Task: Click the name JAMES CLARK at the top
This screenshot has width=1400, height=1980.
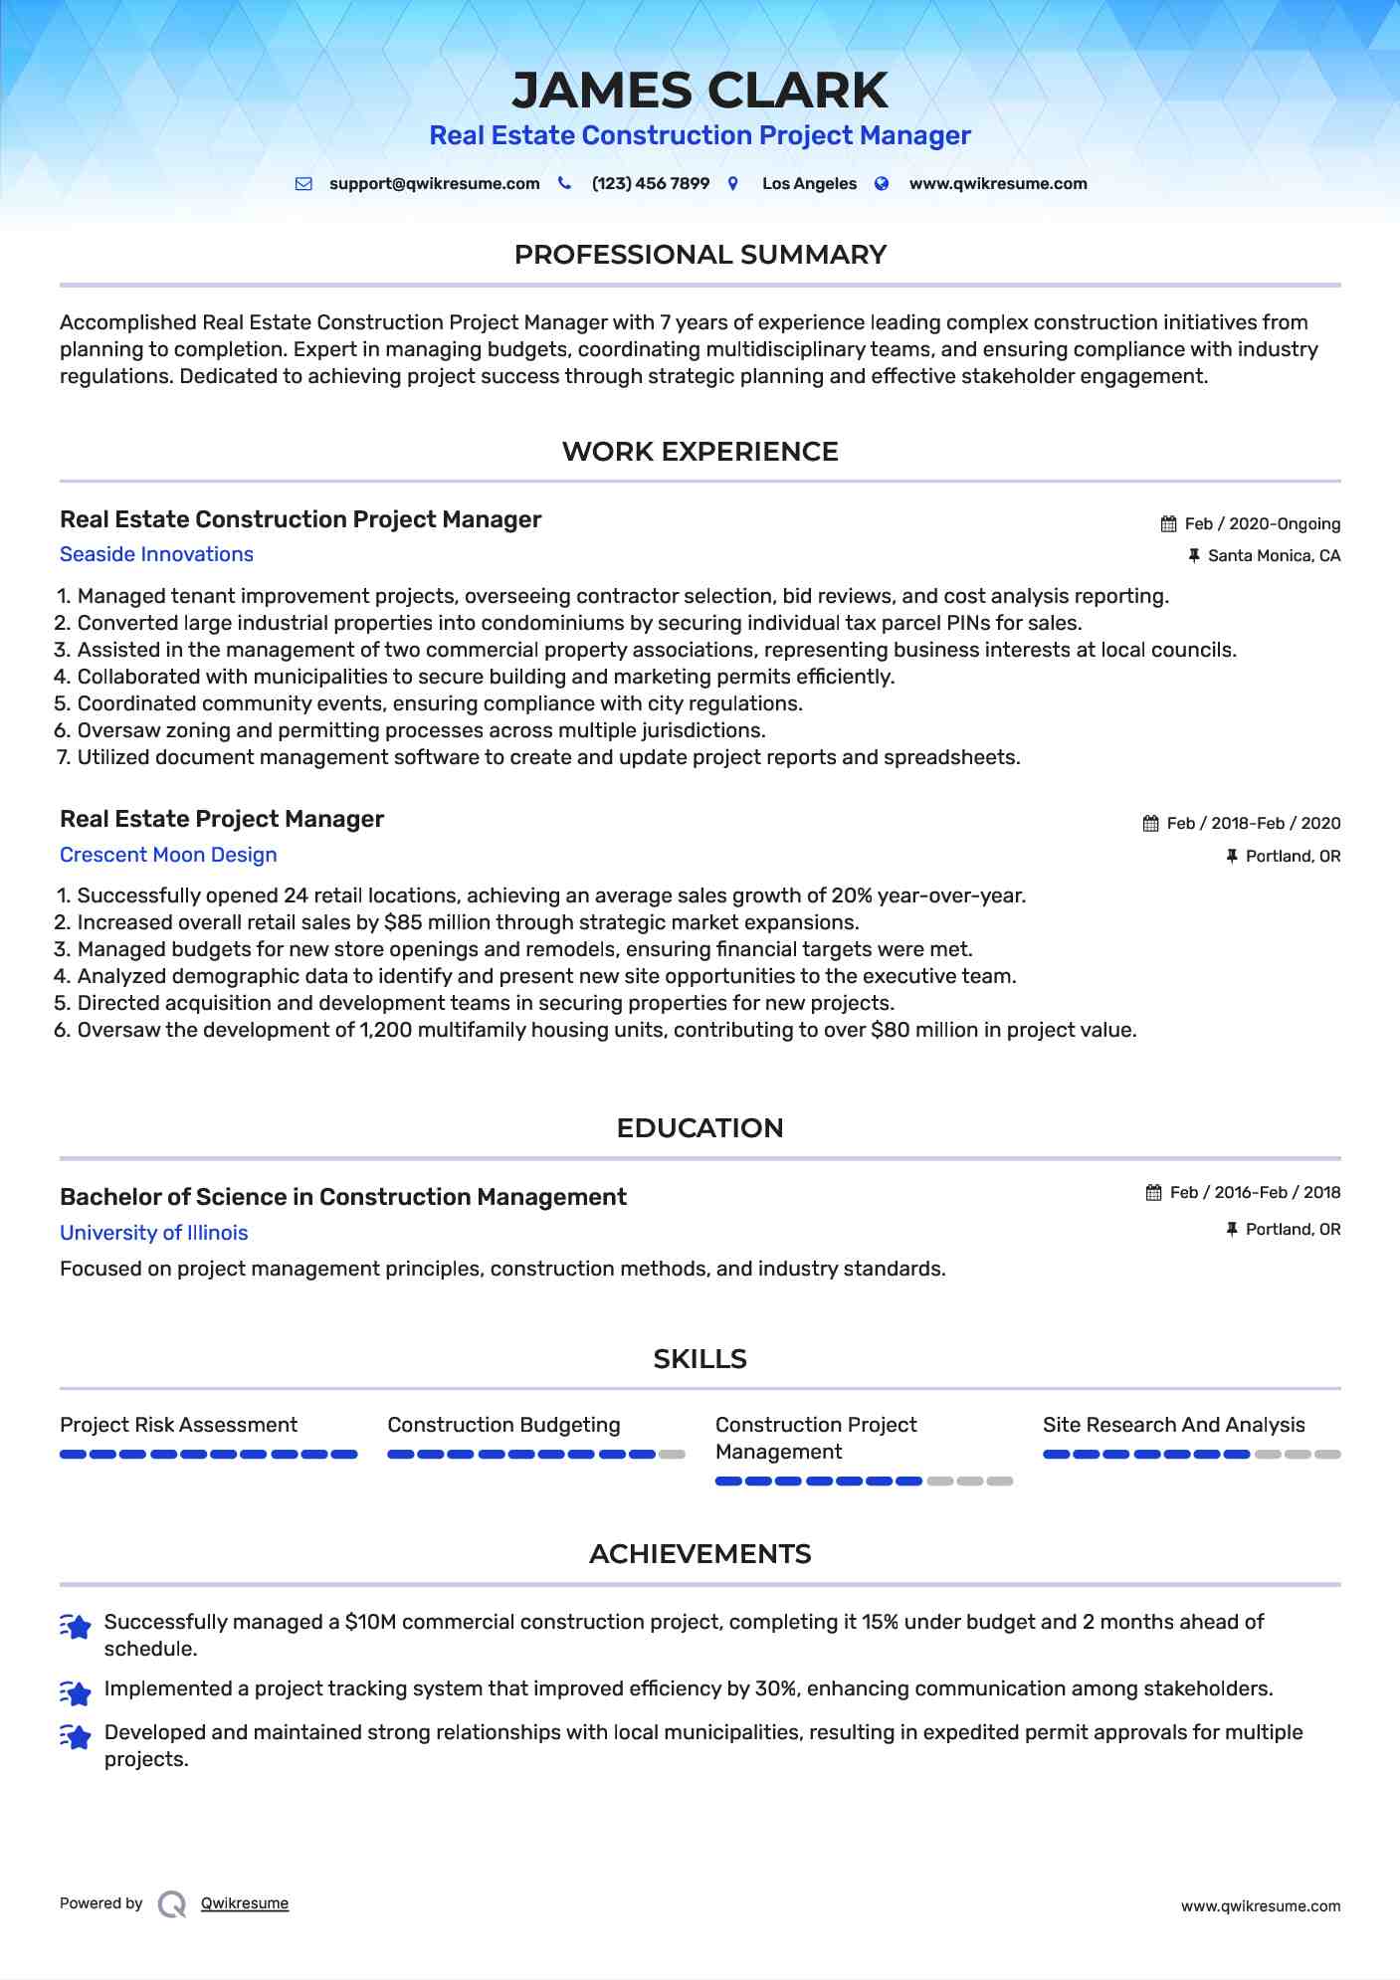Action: tap(700, 91)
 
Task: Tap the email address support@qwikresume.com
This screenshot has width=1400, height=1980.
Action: tap(434, 184)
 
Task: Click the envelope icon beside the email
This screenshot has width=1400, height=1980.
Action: tap(303, 184)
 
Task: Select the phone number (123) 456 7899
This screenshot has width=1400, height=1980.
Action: tap(650, 184)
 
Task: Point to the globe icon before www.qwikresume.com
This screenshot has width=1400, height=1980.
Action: tap(882, 184)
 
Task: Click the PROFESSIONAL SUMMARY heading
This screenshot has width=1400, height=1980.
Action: tap(700, 255)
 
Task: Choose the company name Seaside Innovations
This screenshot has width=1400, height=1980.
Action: tap(156, 555)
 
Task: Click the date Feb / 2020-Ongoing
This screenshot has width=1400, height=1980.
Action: tap(1262, 524)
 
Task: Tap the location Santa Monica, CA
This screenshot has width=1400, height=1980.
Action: tap(1274, 556)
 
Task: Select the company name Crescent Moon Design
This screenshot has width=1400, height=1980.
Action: tap(168, 856)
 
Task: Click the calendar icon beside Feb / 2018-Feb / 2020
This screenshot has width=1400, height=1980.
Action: tap(1150, 824)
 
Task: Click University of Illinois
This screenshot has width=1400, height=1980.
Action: tap(153, 1233)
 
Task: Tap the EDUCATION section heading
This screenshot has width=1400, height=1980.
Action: tap(700, 1128)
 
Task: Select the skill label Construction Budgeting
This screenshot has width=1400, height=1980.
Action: tap(503, 1425)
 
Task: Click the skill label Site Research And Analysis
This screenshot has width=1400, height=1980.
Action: tap(1173, 1425)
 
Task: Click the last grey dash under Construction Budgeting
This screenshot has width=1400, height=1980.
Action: tap(673, 1455)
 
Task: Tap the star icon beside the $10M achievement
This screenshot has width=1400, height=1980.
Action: tap(76, 1626)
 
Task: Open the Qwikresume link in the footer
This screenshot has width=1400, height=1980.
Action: tap(245, 1903)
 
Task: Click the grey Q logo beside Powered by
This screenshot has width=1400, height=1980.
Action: tap(172, 1904)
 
